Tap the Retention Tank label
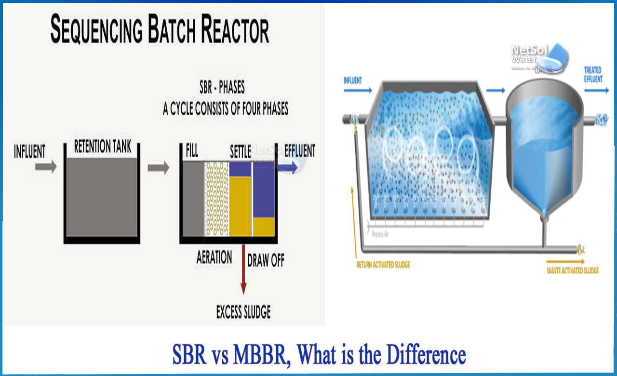(102, 147)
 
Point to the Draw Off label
(266, 261)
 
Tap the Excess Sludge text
(243, 312)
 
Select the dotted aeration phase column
(216, 199)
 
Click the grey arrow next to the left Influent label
(45, 168)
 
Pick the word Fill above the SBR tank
(192, 151)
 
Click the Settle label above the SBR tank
(240, 152)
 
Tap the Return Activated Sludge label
(383, 265)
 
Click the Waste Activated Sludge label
(572, 270)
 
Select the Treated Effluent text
(593, 74)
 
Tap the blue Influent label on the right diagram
(353, 81)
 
